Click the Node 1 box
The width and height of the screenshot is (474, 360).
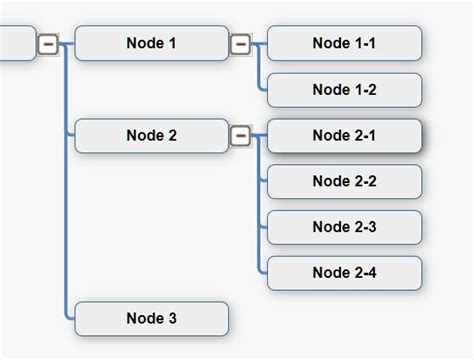click(152, 43)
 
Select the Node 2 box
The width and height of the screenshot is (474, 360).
click(152, 136)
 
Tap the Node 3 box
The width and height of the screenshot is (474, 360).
click(152, 319)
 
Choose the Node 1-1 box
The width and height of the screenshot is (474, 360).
click(344, 43)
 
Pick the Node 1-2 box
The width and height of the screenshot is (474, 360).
click(344, 90)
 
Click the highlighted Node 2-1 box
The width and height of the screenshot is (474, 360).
click(344, 136)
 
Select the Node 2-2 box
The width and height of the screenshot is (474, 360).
click(344, 182)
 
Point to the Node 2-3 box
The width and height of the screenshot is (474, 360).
click(344, 227)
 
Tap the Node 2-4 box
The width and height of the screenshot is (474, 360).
click(344, 273)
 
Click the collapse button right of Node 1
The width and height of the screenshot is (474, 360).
click(240, 43)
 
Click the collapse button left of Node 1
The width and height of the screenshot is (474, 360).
click(48, 43)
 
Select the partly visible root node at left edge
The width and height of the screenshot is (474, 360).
click(16, 43)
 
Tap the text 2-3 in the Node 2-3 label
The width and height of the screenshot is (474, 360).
click(363, 227)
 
